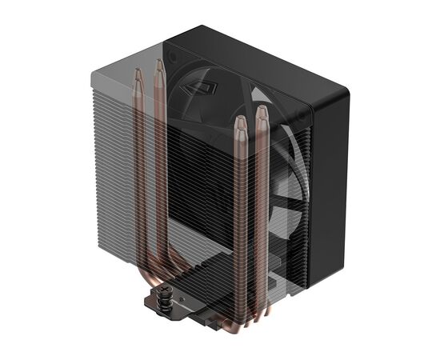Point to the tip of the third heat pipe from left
pos(239,122)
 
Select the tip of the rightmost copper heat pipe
pos(261,110)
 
